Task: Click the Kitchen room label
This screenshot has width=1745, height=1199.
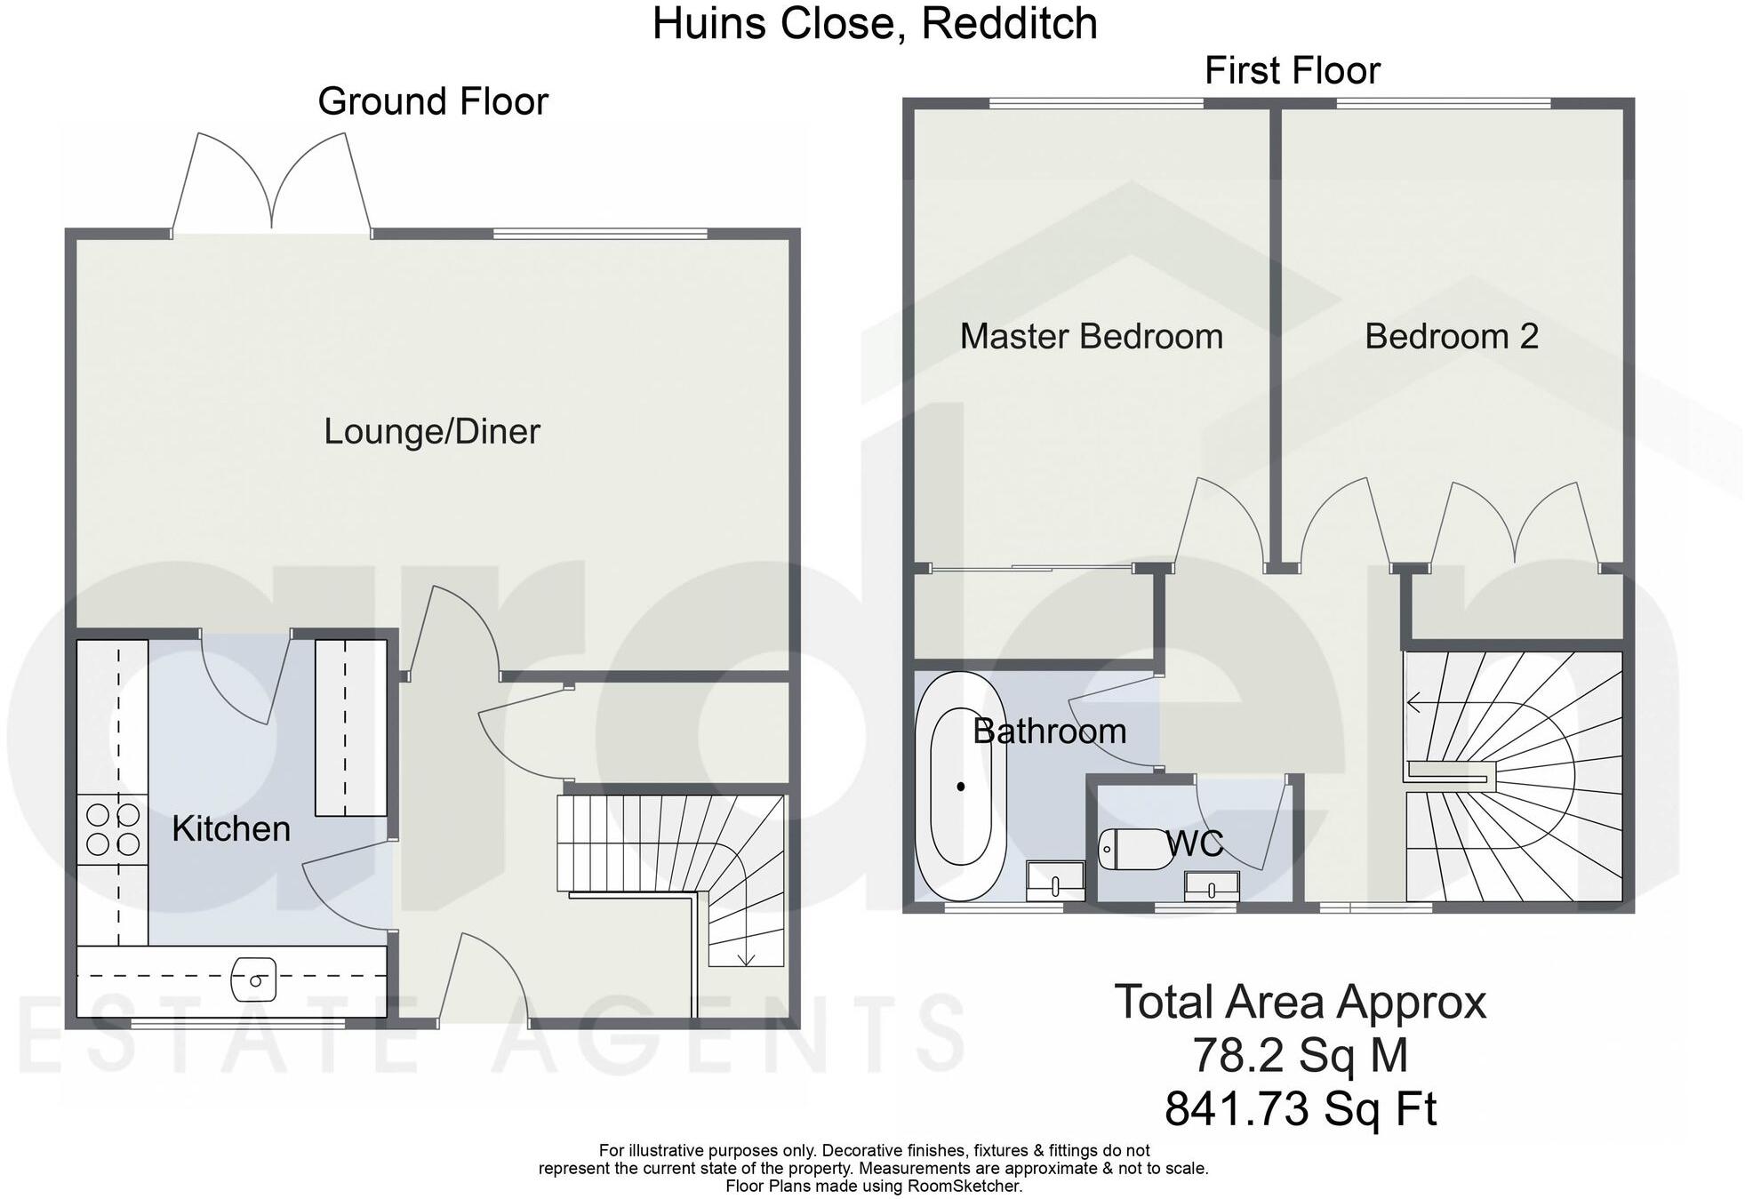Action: [x=231, y=828]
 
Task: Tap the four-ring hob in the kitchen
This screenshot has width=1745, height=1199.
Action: [x=112, y=829]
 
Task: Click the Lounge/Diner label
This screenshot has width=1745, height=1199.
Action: [x=432, y=432]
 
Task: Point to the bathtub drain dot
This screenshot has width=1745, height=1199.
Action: [x=961, y=787]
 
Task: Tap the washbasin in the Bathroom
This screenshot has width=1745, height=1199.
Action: [x=1055, y=880]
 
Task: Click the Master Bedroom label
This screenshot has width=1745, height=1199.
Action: [x=1091, y=337]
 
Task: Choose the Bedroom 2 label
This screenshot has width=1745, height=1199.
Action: [x=1451, y=337]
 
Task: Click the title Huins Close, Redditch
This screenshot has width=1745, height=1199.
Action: [x=875, y=24]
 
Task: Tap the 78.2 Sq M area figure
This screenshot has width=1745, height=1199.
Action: [x=1300, y=1056]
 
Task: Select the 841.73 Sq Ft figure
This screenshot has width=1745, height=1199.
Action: [x=1300, y=1109]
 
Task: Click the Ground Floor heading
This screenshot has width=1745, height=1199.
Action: [x=433, y=101]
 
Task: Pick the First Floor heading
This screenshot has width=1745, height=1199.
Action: [x=1292, y=71]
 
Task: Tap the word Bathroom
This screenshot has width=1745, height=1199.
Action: [x=1049, y=731]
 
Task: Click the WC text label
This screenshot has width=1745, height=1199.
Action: [x=1195, y=843]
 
